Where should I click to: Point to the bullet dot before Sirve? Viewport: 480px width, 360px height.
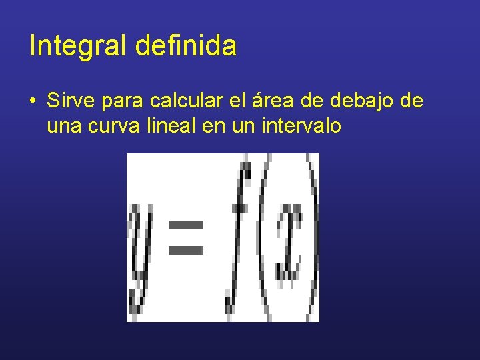coord(33,102)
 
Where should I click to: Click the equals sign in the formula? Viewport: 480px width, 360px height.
coord(185,236)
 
